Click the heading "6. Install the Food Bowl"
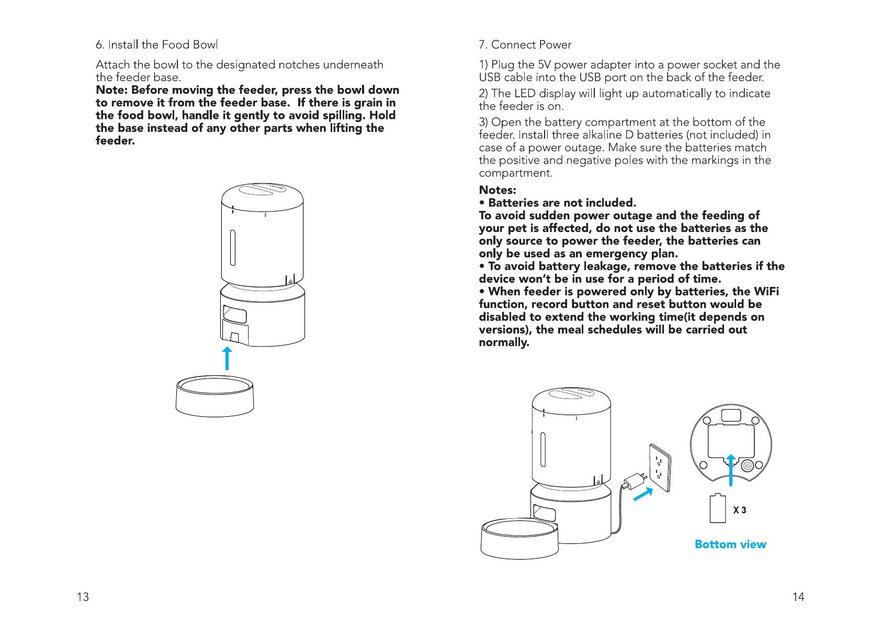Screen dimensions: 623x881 pos(156,44)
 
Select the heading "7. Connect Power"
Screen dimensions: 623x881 pos(525,44)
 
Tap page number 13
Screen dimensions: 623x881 pos(83,597)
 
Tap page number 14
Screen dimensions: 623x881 pos(798,597)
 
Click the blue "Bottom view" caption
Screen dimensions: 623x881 pos(730,544)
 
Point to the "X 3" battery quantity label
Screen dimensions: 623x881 pos(740,510)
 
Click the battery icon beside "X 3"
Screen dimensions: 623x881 pos(718,508)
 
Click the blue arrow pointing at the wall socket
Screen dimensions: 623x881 pos(643,494)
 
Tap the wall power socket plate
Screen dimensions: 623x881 pos(660,468)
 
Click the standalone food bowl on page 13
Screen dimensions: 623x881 pos(214,396)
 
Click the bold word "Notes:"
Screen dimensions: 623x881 pos(498,190)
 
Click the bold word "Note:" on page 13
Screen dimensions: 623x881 pos(111,90)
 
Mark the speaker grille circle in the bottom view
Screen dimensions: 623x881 pos(747,465)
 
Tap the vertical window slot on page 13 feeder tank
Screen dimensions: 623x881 pos(233,248)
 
